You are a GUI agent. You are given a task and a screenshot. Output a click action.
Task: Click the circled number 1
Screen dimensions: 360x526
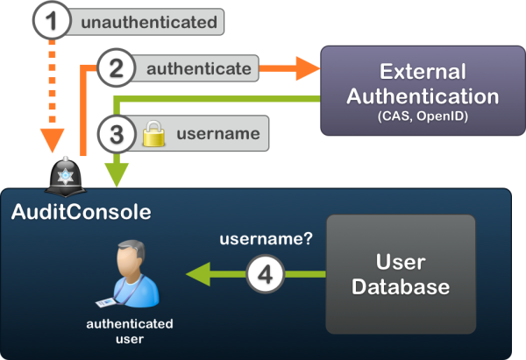pos(54,20)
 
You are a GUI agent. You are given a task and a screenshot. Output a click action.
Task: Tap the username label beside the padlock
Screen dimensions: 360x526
pos(217,134)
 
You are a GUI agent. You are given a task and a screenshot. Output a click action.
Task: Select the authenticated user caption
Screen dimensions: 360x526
pos(130,330)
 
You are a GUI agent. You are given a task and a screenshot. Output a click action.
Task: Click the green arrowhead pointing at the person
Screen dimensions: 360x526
pos(195,274)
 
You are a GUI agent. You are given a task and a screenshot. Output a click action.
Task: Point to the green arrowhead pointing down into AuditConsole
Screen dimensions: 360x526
pos(117,173)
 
